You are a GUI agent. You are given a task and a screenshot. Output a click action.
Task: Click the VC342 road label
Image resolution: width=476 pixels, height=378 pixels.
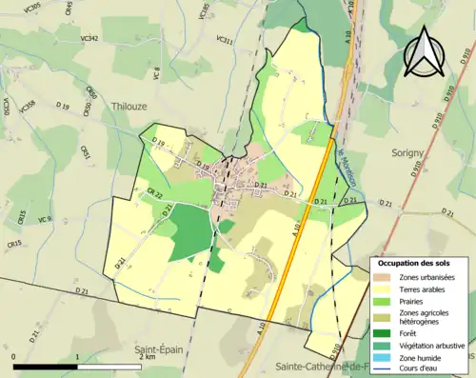pos(89,39)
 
